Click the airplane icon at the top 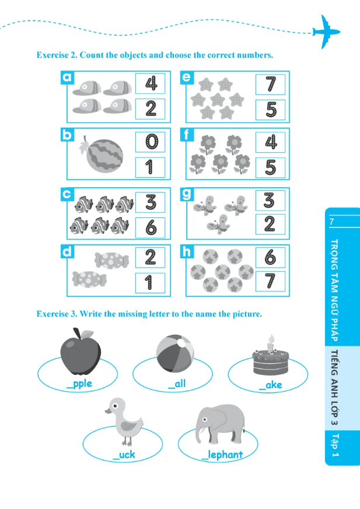[x=326, y=31]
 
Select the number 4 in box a [x=151, y=83]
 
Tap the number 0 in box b [x=151, y=142]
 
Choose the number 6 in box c [x=151, y=227]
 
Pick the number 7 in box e [x=271, y=83]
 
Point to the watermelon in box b [x=102, y=155]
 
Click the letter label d [x=67, y=252]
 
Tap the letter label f [x=187, y=136]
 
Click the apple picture [x=81, y=352]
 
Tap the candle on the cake [x=270, y=343]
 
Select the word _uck [x=124, y=454]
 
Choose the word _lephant [x=222, y=454]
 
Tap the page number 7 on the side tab [x=331, y=222]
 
